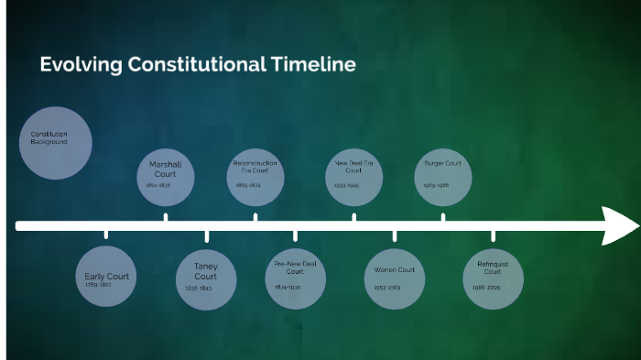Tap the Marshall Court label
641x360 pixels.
coord(166,169)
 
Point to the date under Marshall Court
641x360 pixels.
coord(158,185)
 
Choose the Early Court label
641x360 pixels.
coord(107,276)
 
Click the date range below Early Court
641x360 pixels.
coord(98,285)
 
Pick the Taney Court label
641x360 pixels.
coord(206,271)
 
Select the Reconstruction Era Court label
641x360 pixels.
coord(255,167)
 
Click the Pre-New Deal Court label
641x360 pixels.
coord(295,267)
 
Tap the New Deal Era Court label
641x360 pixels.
coord(354,167)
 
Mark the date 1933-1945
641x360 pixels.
coord(346,185)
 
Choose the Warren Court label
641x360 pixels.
coord(395,270)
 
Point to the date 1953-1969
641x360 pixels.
coord(387,287)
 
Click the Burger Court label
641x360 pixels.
coord(443,164)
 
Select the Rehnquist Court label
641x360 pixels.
coord(493,267)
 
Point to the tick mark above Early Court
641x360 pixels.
coord(106,235)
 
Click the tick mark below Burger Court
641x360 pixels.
coord(443,217)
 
